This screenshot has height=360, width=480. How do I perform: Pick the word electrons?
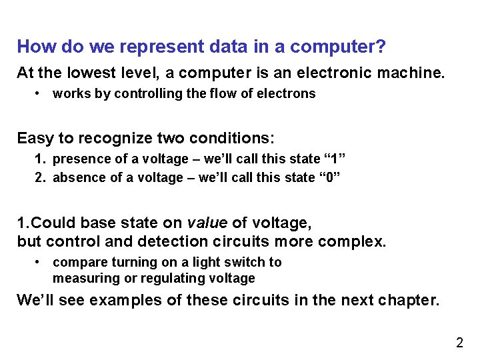289,94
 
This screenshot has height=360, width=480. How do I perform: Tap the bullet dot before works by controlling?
41,94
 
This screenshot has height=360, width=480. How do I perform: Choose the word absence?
75,177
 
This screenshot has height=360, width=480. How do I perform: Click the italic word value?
204,223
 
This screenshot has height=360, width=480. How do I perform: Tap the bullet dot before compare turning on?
41,263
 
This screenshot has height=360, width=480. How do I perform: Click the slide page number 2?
459,343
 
